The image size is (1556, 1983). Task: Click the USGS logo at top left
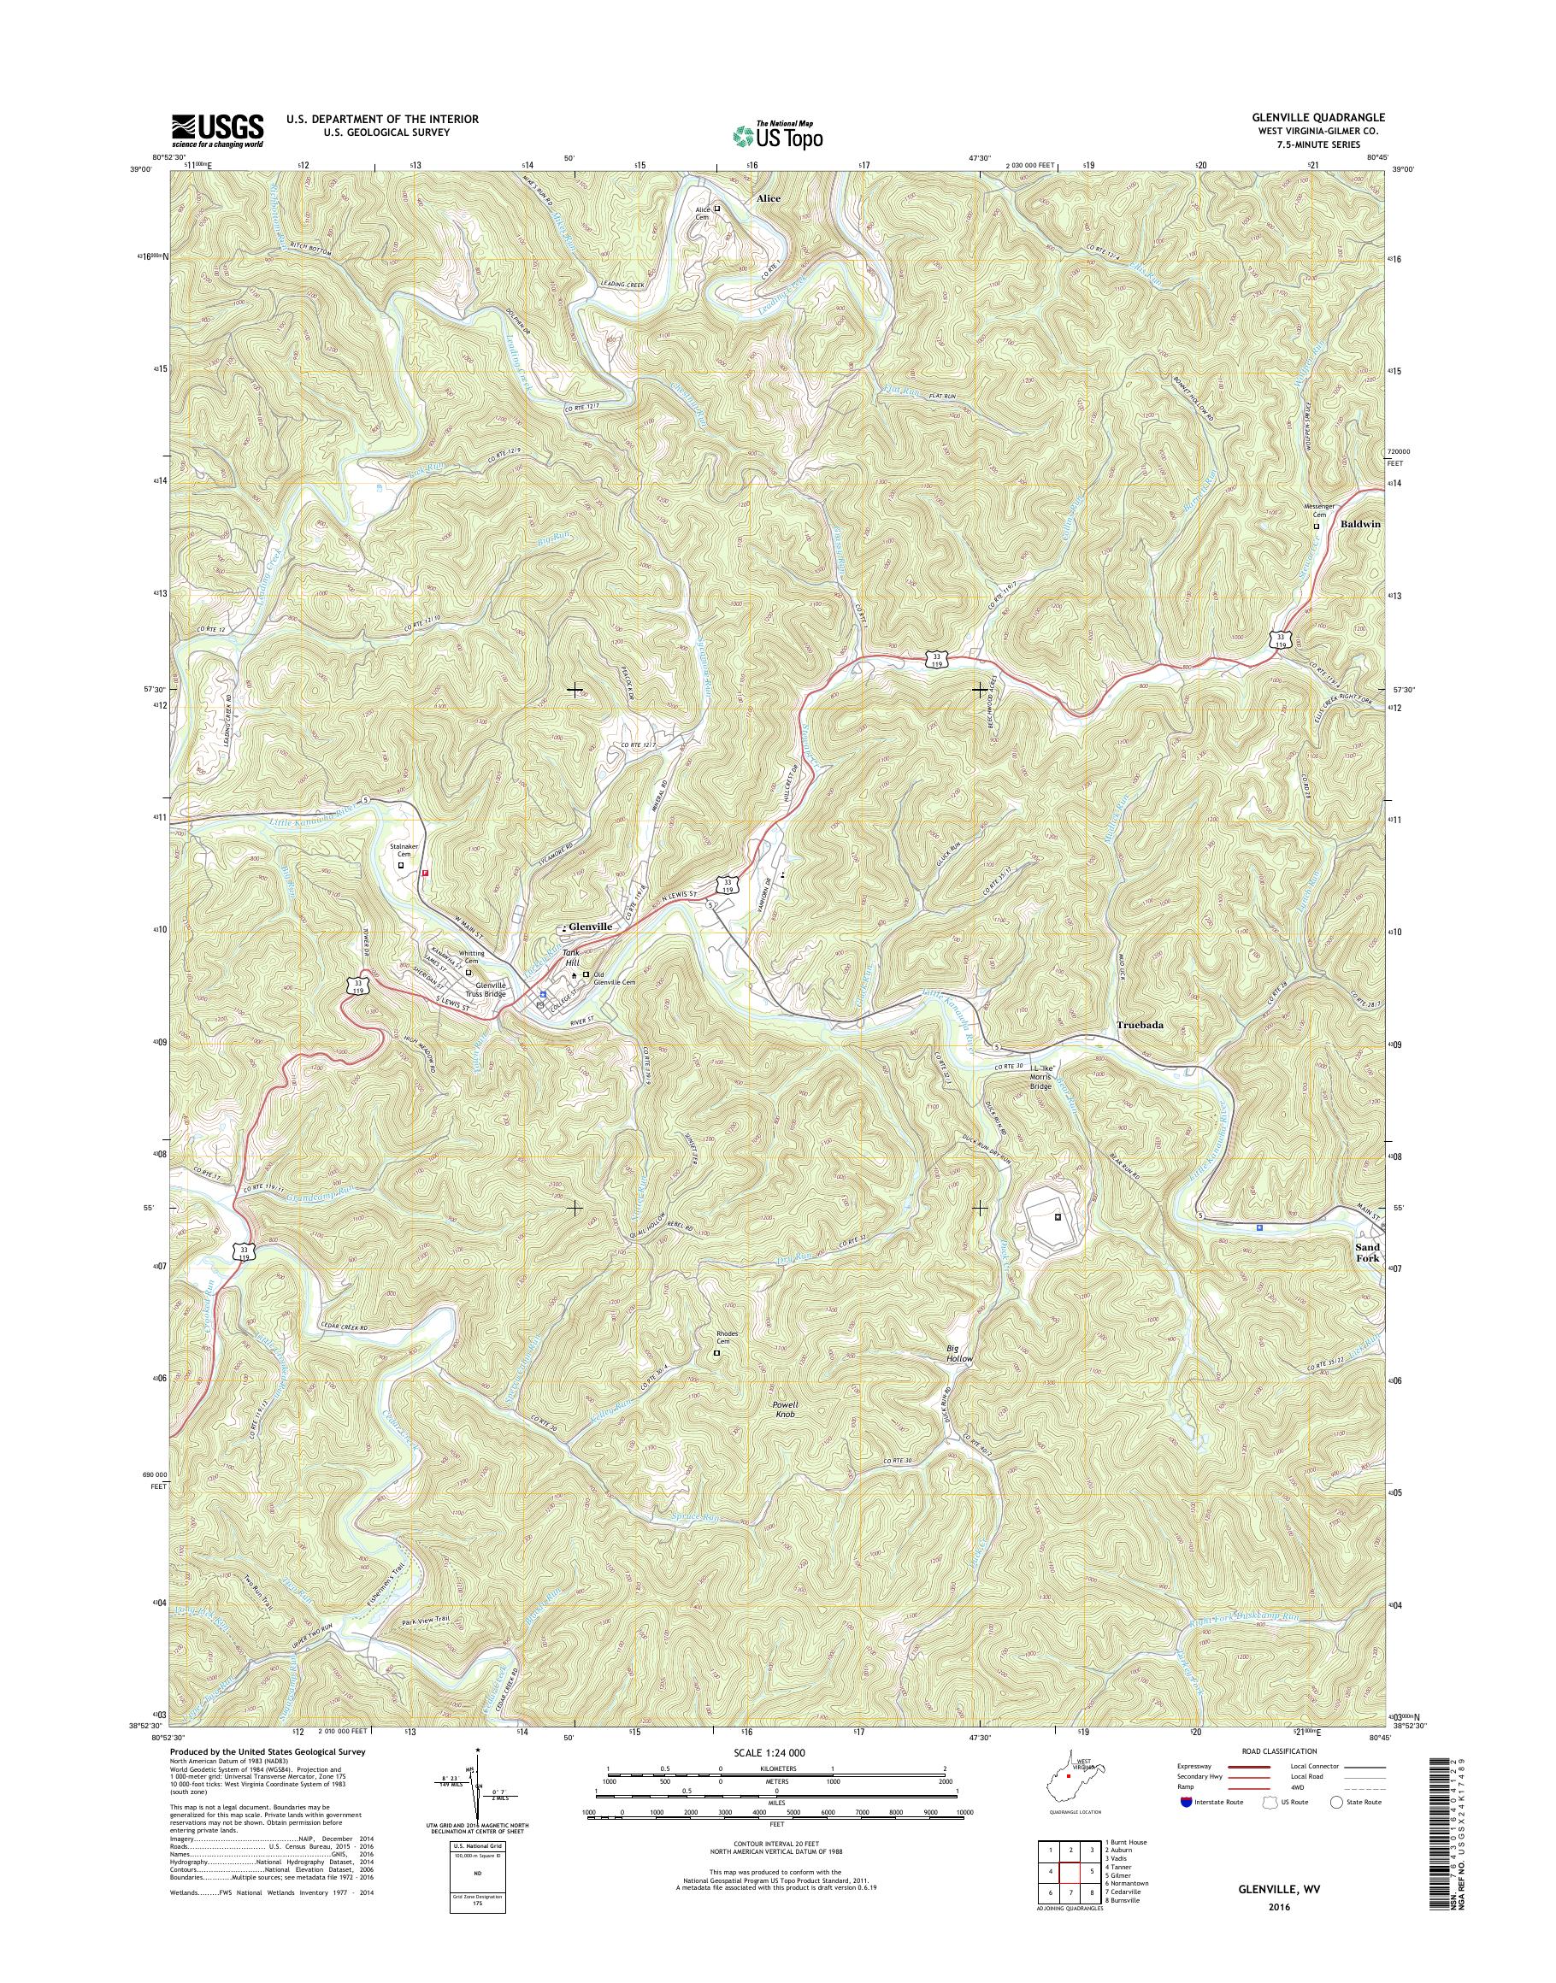click(x=218, y=131)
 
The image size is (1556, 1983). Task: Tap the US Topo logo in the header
click(x=777, y=135)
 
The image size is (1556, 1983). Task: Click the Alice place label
click(x=768, y=197)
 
